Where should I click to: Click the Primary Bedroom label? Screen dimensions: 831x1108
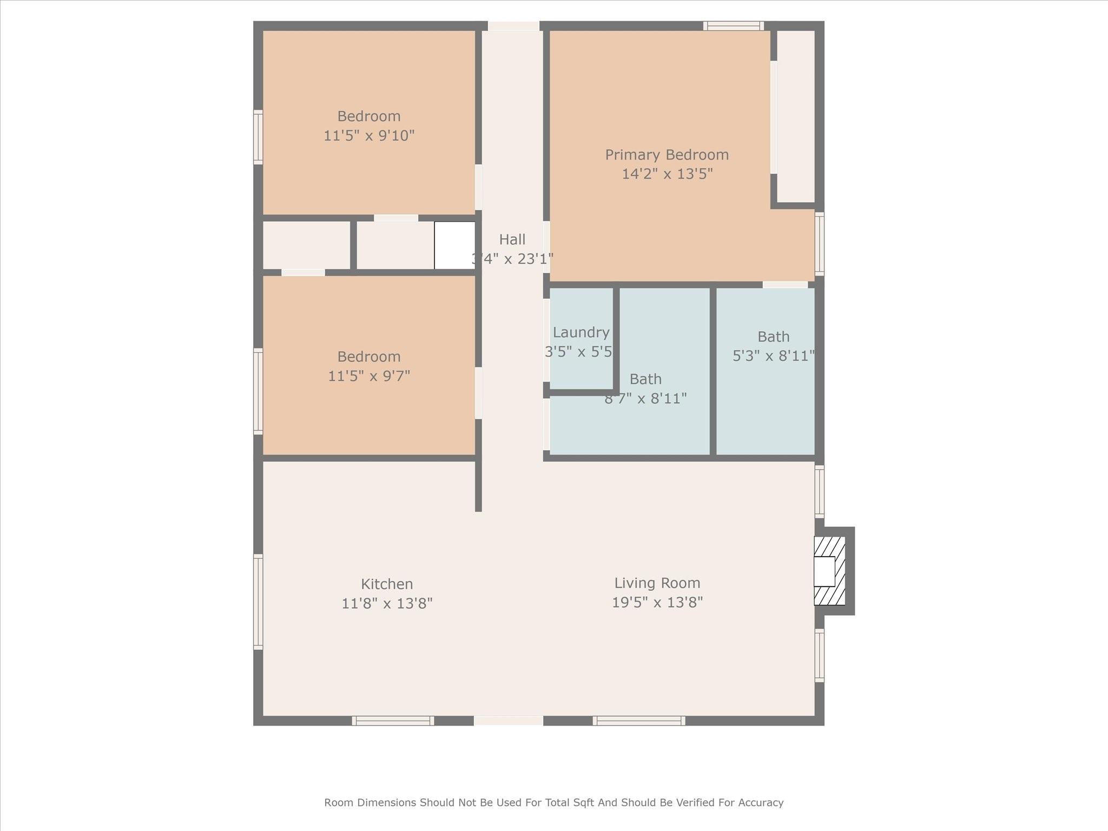pyautogui.click(x=667, y=155)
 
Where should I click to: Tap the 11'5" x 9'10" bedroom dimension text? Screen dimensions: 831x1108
pyautogui.click(x=369, y=136)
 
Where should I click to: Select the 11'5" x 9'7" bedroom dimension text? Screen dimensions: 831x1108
pyautogui.click(x=369, y=376)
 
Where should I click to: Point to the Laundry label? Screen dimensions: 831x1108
pyautogui.click(x=581, y=332)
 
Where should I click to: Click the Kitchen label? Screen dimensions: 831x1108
pyautogui.click(x=387, y=584)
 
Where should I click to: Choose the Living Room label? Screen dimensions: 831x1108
pyautogui.click(x=657, y=583)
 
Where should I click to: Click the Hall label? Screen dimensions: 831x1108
pyautogui.click(x=512, y=239)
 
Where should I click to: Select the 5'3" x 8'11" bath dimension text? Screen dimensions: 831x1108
pyautogui.click(x=773, y=356)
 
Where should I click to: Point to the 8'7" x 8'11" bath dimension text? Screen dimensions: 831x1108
pyautogui.click(x=645, y=399)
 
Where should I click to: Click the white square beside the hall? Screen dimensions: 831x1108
pyautogui.click(x=454, y=245)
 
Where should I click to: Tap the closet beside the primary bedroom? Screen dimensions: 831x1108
pyautogui.click(x=796, y=116)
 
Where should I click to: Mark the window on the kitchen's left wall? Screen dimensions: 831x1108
pyautogui.click(x=259, y=602)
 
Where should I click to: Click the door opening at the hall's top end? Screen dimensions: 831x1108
pyautogui.click(x=513, y=26)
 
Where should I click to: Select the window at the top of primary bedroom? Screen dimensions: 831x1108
pyautogui.click(x=733, y=25)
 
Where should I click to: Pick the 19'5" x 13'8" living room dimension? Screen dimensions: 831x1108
pyautogui.click(x=657, y=602)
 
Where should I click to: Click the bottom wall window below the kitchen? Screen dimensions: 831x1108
pyautogui.click(x=393, y=720)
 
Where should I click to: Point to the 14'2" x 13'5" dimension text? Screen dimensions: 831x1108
pyautogui.click(x=667, y=174)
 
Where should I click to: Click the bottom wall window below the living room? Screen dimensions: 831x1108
pyautogui.click(x=638, y=720)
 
